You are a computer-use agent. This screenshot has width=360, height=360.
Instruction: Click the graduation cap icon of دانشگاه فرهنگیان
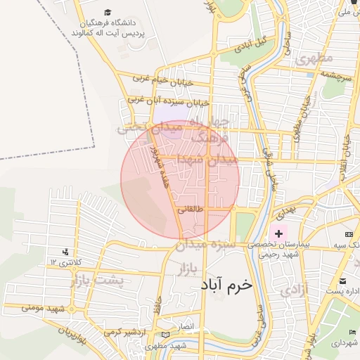pos(108,12)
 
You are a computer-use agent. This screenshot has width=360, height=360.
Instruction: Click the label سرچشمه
pos(335,73)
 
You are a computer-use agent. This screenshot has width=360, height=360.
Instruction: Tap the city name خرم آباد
pos(226,285)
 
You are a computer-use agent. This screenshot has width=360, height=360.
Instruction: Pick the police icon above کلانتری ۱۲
pos(66,251)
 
